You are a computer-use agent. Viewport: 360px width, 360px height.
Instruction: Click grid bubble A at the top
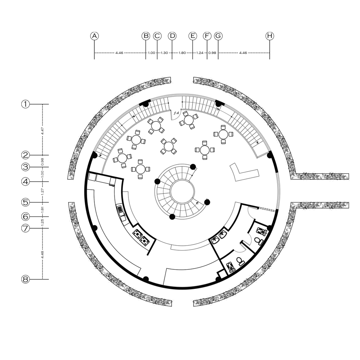(94, 36)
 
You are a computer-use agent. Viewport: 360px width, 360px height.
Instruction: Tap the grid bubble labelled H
(270, 36)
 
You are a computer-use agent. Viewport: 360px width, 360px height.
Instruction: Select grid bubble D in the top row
(172, 36)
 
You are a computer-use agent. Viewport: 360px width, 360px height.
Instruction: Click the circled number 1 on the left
(26, 104)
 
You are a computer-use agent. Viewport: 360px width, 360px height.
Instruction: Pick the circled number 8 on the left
(26, 279)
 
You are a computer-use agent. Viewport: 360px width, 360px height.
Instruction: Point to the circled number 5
(26, 202)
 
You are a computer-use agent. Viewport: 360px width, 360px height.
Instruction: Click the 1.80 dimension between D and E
(182, 53)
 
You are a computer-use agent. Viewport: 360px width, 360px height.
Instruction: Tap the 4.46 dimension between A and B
(119, 53)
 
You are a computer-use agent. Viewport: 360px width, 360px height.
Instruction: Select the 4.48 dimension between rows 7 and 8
(43, 255)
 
